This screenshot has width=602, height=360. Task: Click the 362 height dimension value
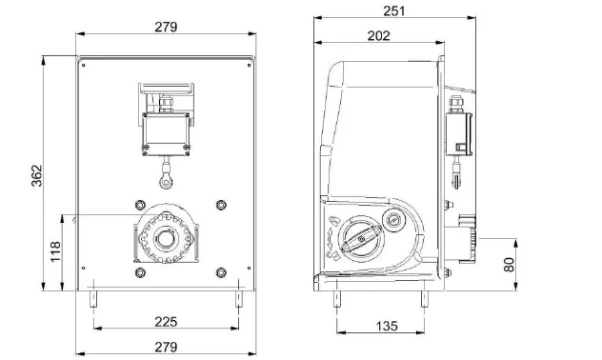[36, 176]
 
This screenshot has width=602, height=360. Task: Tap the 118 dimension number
[55, 251]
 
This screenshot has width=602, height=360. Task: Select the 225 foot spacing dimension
[166, 322]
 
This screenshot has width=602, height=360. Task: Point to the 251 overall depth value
[394, 10]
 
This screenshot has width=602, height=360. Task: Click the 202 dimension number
[378, 35]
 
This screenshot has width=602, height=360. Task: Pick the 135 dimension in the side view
[387, 326]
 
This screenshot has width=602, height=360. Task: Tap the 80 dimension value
[509, 265]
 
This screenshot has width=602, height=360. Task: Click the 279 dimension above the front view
[166, 27]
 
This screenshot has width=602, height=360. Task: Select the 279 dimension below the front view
[166, 347]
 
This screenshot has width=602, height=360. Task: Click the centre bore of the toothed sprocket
[167, 239]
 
